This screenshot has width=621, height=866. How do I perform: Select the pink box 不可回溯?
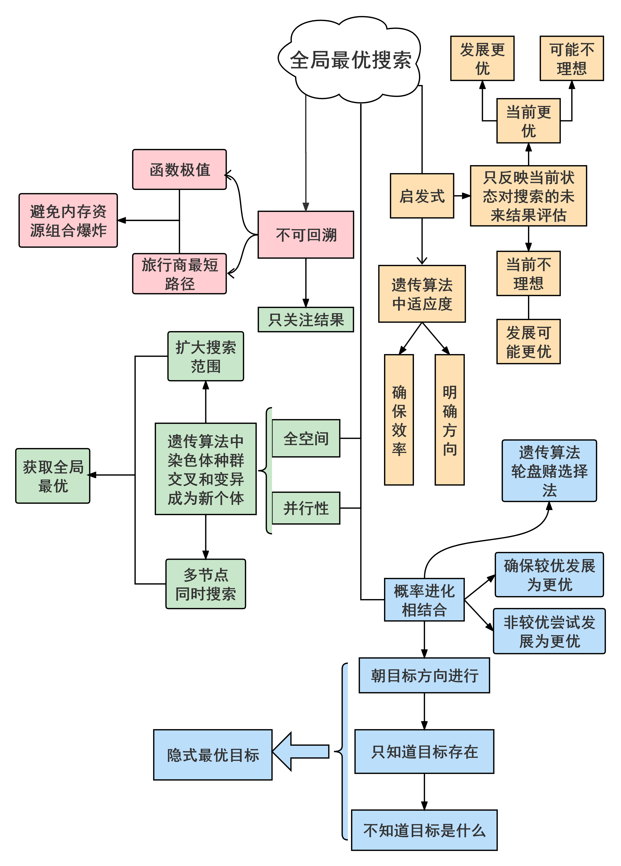point(306,235)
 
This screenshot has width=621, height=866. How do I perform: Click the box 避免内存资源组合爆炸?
point(68,220)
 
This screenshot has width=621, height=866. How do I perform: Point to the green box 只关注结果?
point(306,320)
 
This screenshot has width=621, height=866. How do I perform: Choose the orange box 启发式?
point(422,196)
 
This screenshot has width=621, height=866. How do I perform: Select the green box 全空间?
point(306,438)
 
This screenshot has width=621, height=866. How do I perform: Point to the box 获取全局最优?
point(53,476)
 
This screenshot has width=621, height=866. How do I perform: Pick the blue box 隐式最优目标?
point(213,755)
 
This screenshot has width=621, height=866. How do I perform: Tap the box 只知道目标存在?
point(424,751)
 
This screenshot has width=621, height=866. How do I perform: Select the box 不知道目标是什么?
point(424,830)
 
